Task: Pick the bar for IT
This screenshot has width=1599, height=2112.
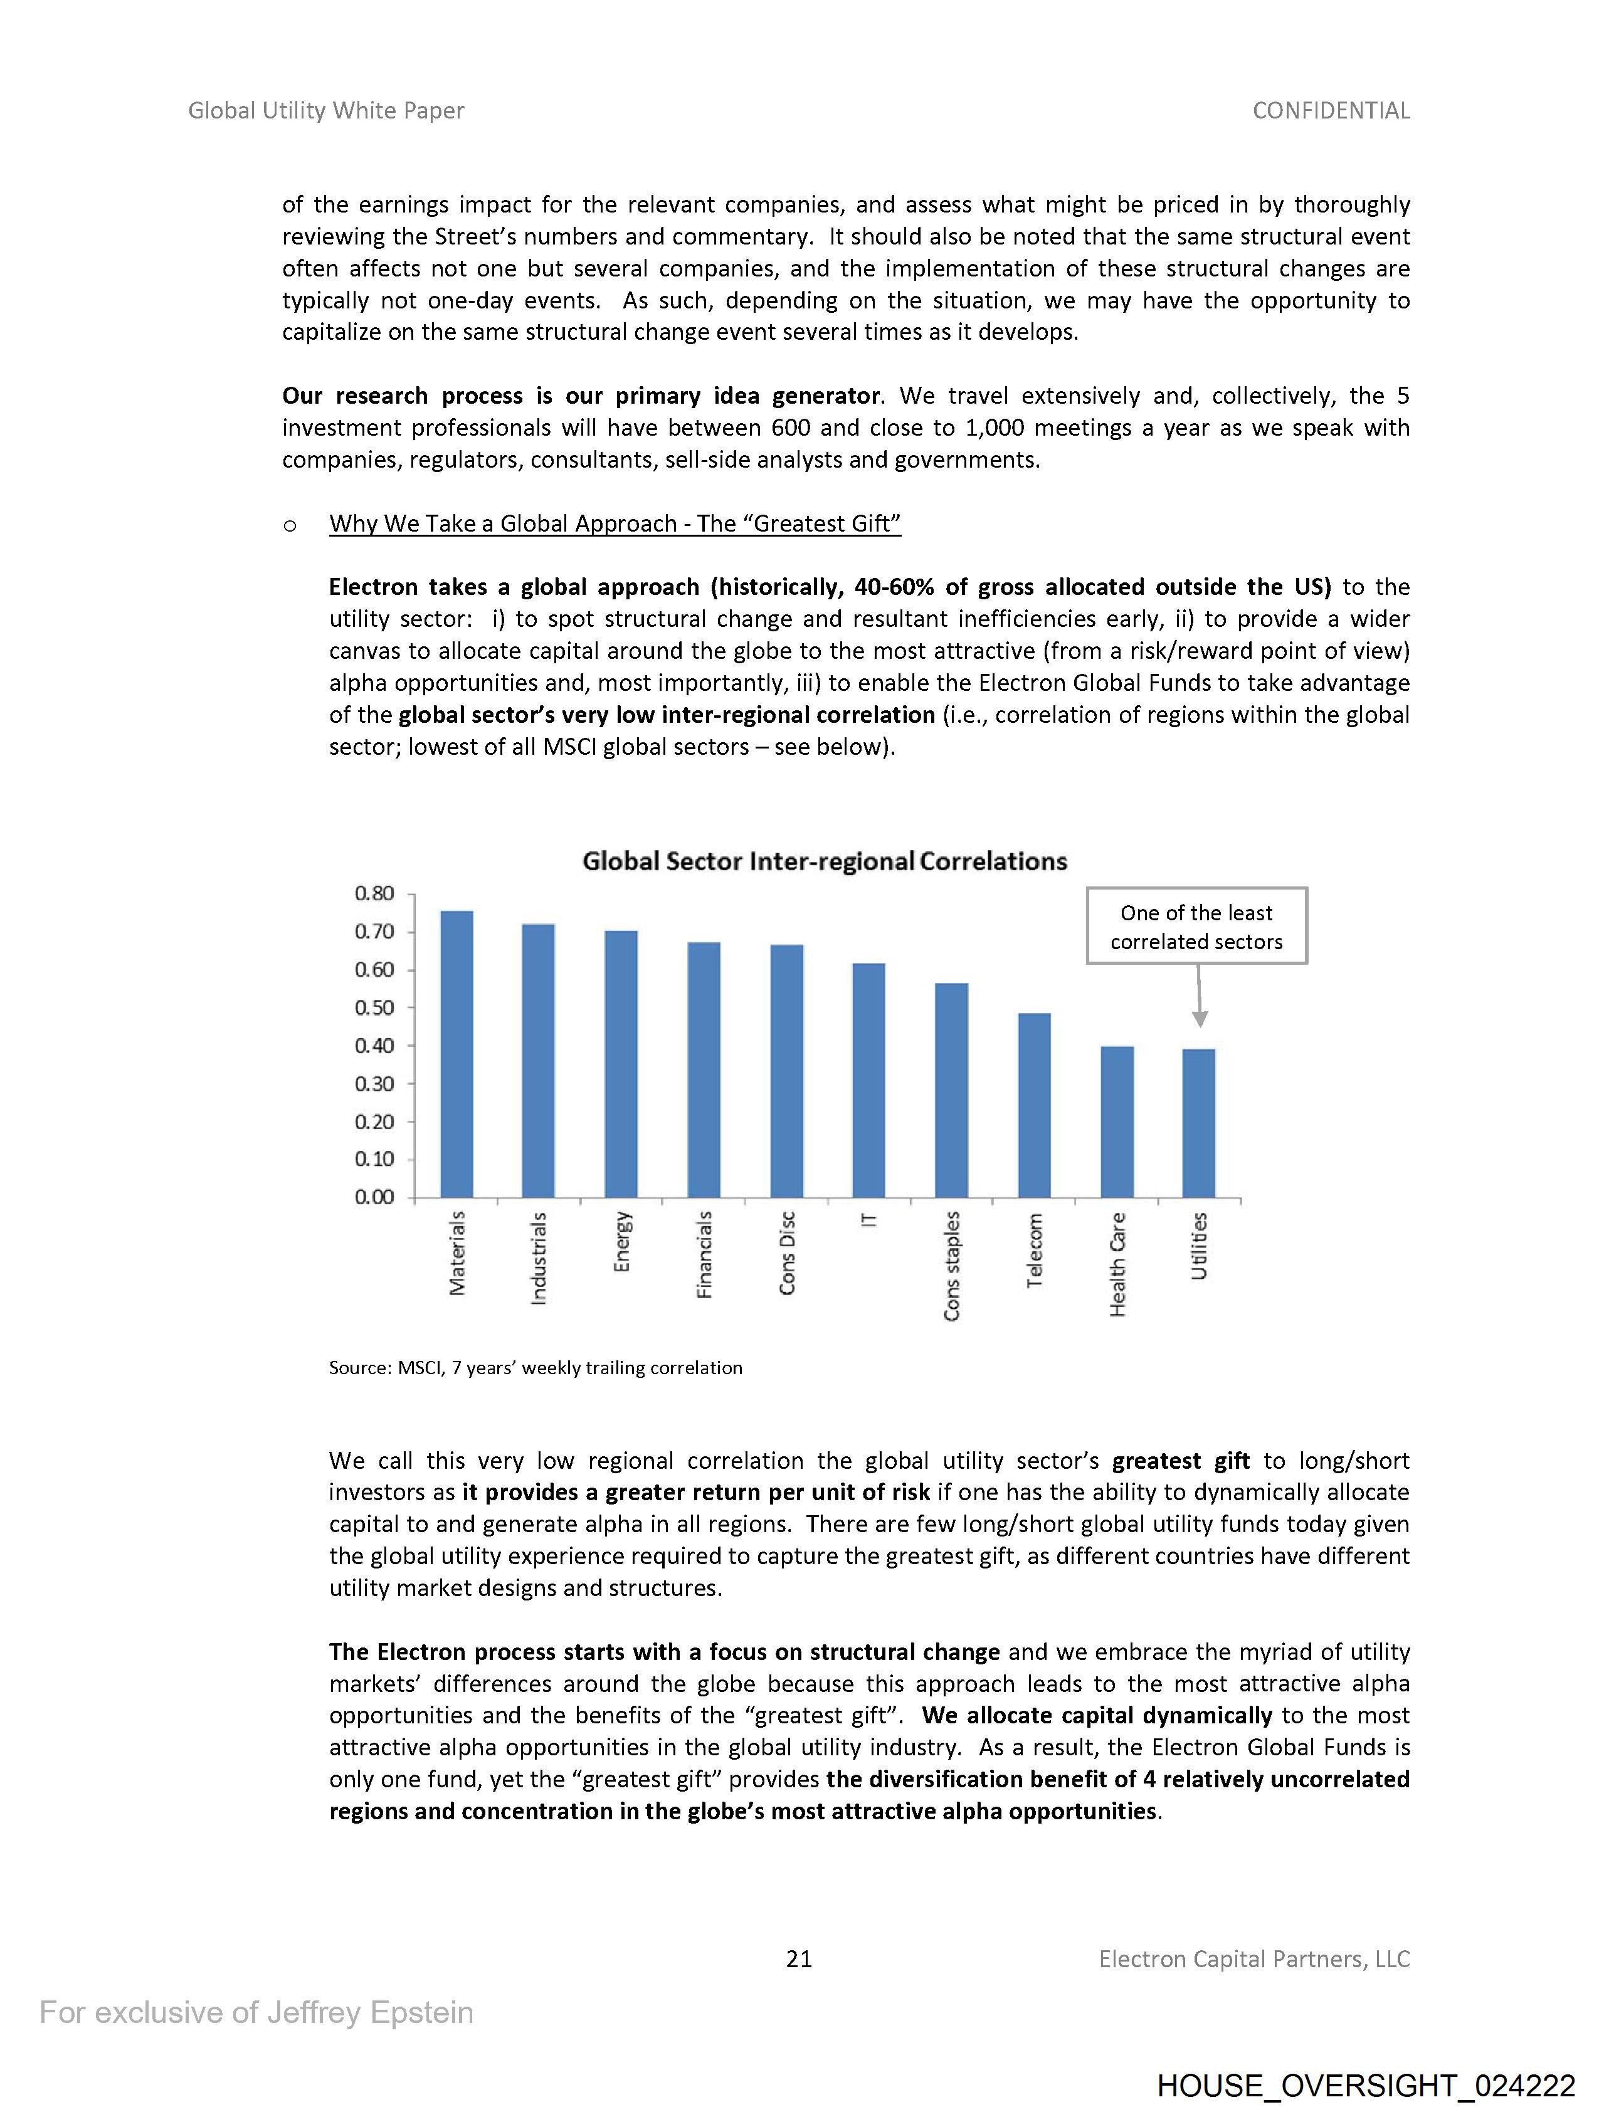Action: point(868,1080)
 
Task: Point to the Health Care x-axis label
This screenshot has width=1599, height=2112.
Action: point(1117,1264)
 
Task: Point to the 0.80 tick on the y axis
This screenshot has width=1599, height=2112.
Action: point(374,894)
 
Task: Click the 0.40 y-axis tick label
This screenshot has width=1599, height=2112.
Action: point(374,1046)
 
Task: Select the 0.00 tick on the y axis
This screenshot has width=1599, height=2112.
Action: point(374,1197)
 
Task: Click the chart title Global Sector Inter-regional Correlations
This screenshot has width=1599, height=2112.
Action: point(825,861)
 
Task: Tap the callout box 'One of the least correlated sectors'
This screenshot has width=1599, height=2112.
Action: point(1196,926)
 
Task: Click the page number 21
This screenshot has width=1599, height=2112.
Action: point(798,1959)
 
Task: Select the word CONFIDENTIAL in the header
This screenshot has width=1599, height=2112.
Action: point(1331,111)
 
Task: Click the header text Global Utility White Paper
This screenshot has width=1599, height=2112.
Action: point(325,111)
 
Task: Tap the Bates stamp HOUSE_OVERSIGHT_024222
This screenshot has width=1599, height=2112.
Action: point(1366,2085)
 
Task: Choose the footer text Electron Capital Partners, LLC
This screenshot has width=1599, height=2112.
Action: point(1254,1959)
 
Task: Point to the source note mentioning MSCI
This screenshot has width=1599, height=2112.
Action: point(535,1367)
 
